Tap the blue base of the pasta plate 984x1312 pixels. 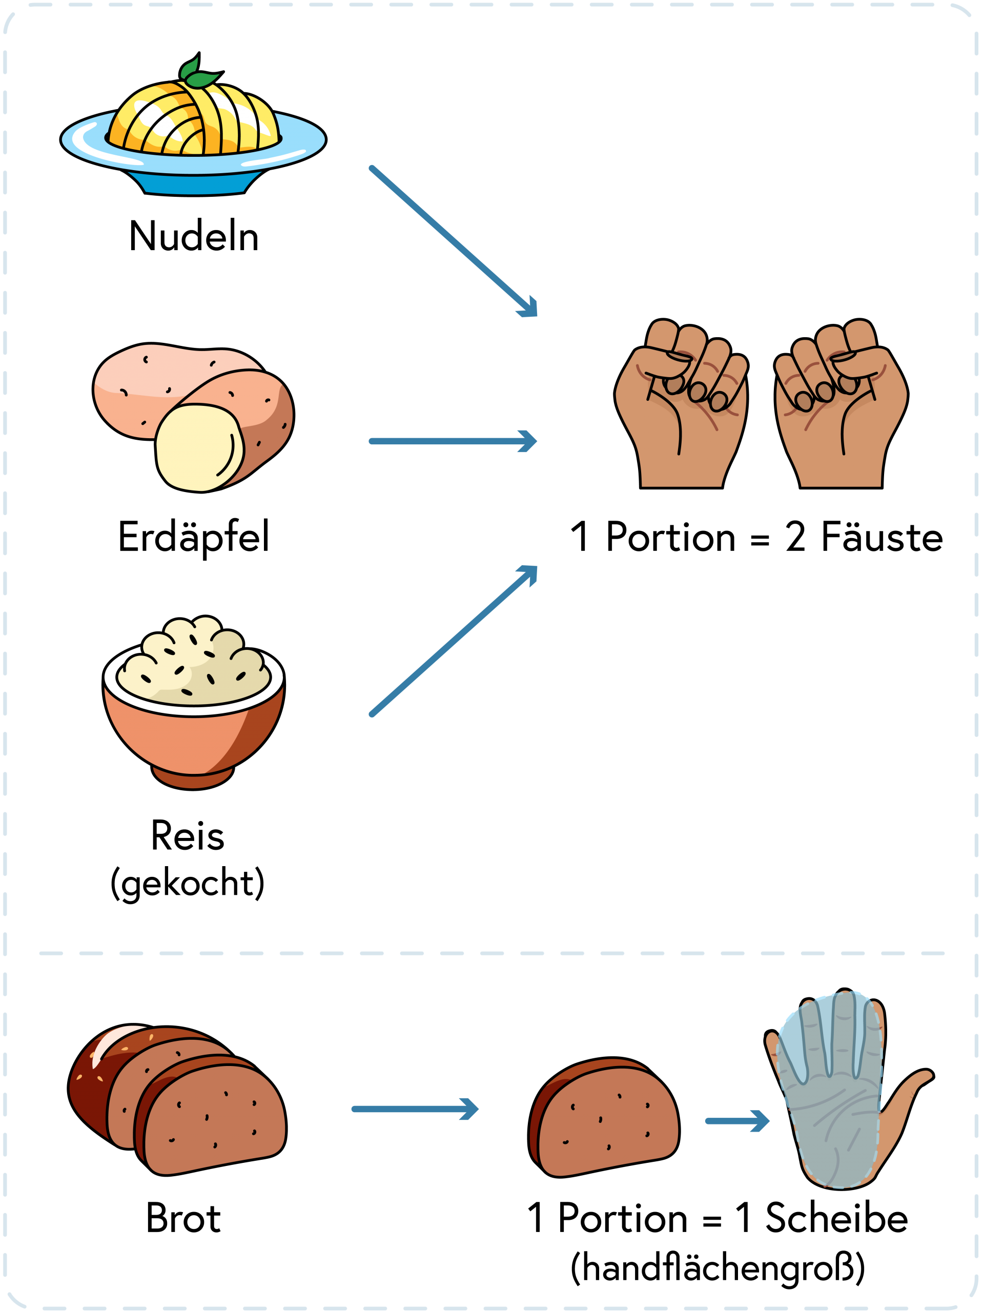[x=195, y=184]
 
